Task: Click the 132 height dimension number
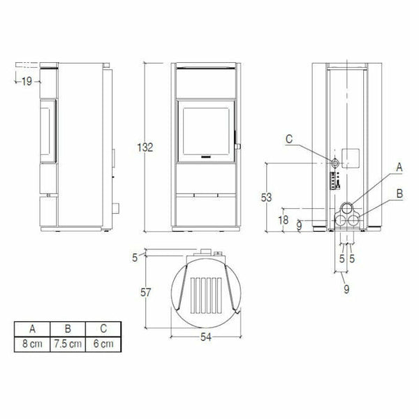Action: pyautogui.click(x=146, y=147)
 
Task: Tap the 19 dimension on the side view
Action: pyautogui.click(x=27, y=82)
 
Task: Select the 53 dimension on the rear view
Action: pyautogui.click(x=266, y=198)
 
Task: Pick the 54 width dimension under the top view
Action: pyautogui.click(x=207, y=337)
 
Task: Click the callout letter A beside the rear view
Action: pyautogui.click(x=399, y=167)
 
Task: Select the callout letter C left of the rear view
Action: pyautogui.click(x=290, y=139)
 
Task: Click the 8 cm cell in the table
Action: pyautogui.click(x=32, y=344)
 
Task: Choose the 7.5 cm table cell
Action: pyautogui.click(x=68, y=344)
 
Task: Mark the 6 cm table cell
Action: pyautogui.click(x=103, y=344)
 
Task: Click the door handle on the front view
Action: pyautogui.click(x=238, y=147)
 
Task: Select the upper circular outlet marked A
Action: pyautogui.click(x=346, y=208)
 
